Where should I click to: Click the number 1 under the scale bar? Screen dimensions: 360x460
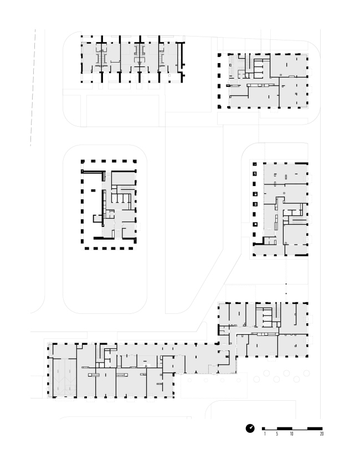(x=265, y=433)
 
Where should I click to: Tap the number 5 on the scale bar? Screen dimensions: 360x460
(x=277, y=433)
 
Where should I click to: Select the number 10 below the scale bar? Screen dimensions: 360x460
(x=291, y=433)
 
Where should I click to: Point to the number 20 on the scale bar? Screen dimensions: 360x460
(x=322, y=433)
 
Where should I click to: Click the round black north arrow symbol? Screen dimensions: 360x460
(x=250, y=428)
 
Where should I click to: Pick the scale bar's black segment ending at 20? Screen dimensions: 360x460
(x=315, y=428)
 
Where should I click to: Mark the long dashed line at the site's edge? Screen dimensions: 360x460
(x=33, y=87)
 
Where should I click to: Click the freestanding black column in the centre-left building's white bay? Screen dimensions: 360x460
(x=93, y=190)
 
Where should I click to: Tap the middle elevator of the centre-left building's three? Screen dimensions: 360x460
(x=120, y=198)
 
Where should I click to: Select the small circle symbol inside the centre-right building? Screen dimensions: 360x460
(x=284, y=193)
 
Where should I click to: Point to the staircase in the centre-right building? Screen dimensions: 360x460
(x=299, y=219)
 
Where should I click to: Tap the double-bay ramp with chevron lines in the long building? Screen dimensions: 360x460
(x=64, y=378)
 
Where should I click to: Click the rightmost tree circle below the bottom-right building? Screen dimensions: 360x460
(x=307, y=373)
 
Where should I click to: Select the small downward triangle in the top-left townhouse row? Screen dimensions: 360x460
(x=140, y=63)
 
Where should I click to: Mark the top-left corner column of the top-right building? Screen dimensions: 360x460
(x=219, y=55)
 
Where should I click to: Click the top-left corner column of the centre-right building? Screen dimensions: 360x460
(x=255, y=164)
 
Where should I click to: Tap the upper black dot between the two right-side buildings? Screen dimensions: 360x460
(x=286, y=284)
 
